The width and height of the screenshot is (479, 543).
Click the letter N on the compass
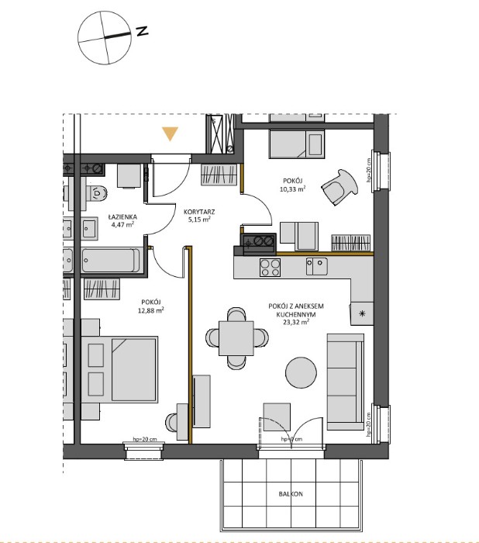point(142,32)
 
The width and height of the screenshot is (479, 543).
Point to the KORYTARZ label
point(199,210)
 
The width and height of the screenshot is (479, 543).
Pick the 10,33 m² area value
point(292,188)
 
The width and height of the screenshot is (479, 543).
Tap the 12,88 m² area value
point(151,310)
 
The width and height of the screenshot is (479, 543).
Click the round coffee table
point(302,370)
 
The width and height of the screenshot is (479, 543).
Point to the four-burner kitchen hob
point(270,267)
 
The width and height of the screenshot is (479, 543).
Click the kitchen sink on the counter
point(316,267)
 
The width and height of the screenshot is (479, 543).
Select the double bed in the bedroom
point(123,369)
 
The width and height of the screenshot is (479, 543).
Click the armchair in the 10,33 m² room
point(341,186)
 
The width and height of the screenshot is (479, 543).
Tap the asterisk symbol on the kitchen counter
point(361,313)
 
